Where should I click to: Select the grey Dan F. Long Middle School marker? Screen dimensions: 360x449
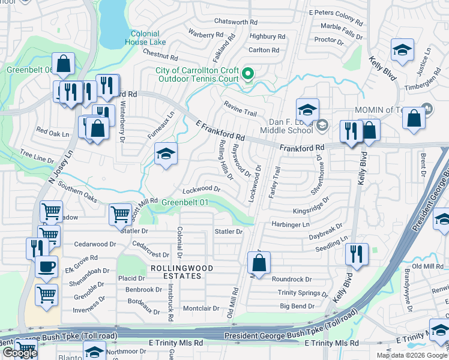[x=322, y=124]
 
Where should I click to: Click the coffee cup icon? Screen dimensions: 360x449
[x=46, y=267]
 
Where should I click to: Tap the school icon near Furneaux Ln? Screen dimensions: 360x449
[x=166, y=154]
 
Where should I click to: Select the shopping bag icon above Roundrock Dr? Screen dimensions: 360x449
[x=259, y=262]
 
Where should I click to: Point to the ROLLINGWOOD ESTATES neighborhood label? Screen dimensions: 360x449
[x=175, y=272]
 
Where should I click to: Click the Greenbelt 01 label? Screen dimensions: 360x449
[x=185, y=203]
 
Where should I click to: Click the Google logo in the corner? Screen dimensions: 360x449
[x=19, y=353]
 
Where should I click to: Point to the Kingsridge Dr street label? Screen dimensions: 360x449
[x=311, y=206]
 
